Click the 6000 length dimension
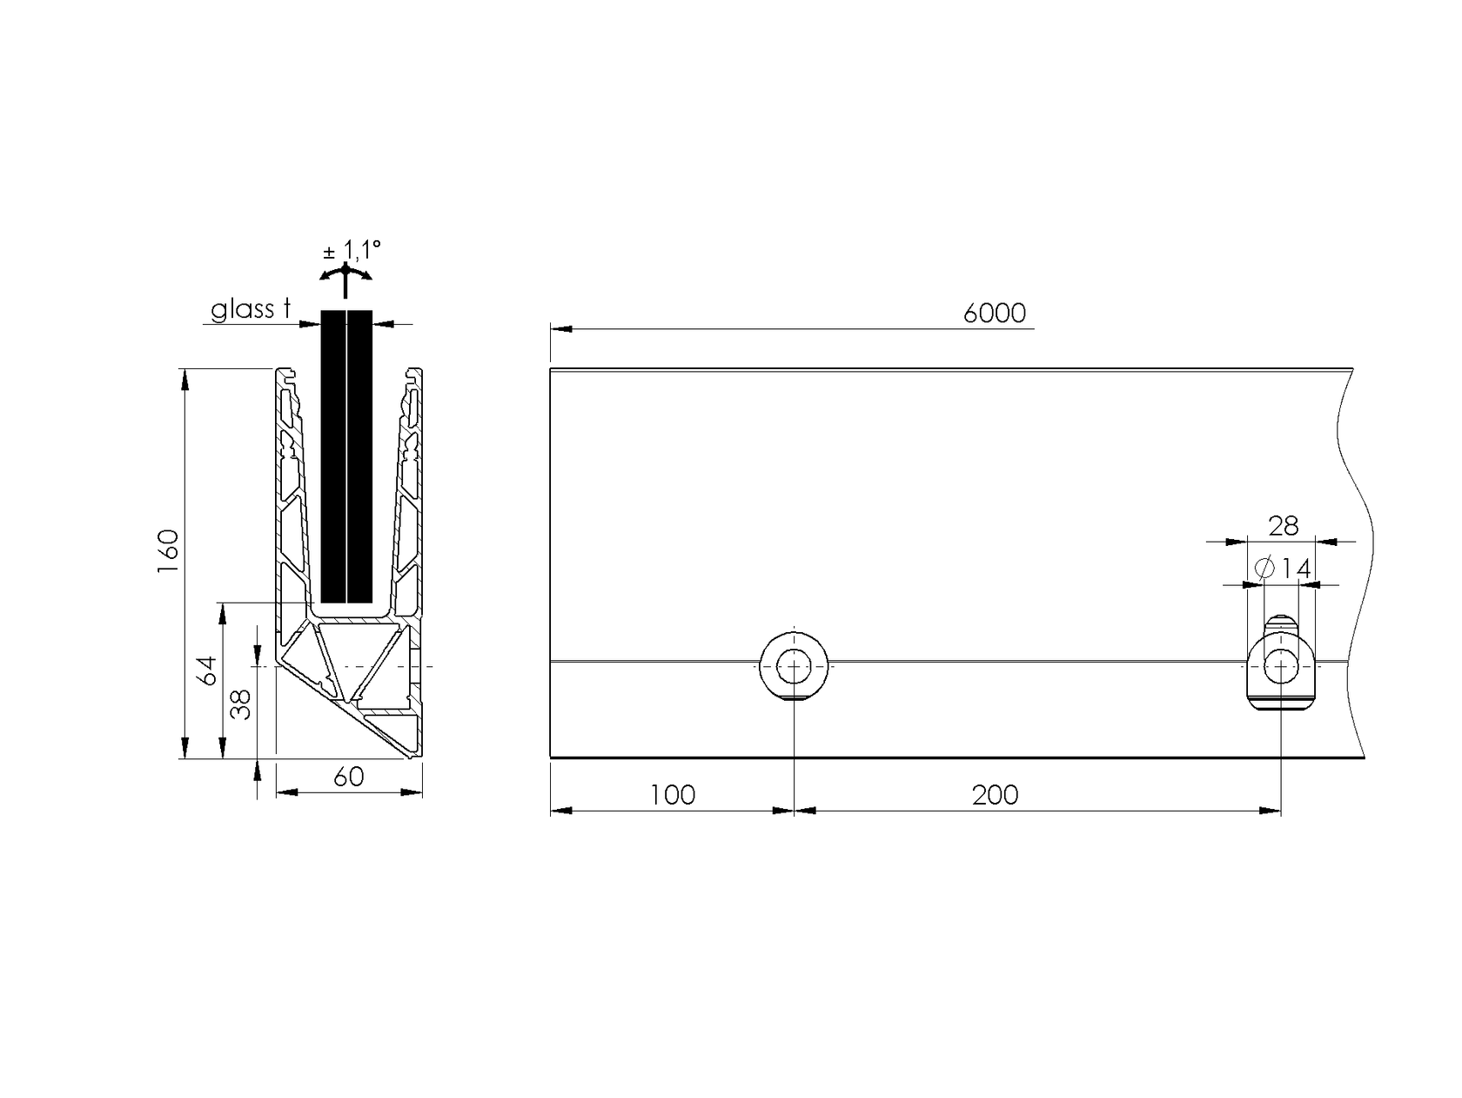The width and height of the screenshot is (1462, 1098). (x=994, y=313)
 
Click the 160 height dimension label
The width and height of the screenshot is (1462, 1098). (x=167, y=550)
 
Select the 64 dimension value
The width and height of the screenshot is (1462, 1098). (x=207, y=670)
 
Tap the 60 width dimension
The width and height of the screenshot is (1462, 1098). (x=348, y=777)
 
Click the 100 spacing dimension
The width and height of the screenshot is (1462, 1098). (x=673, y=795)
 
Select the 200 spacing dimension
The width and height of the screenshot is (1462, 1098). (x=995, y=795)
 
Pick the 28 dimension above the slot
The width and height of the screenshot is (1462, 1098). (x=1283, y=526)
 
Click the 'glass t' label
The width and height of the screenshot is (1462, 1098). (x=250, y=310)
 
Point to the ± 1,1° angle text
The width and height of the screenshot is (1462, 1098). (x=352, y=252)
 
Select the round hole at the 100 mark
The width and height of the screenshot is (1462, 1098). (x=793, y=667)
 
